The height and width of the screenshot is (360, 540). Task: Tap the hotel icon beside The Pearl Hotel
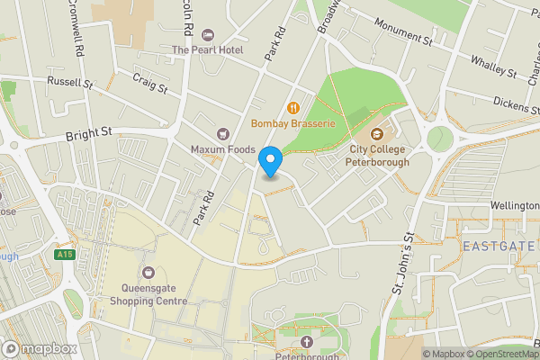(209, 35)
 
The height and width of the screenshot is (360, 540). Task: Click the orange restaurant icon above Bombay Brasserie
(292, 106)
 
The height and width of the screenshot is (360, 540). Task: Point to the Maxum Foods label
(223, 148)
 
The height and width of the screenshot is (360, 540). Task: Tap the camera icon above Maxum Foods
(223, 133)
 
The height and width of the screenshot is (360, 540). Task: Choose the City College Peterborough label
(378, 156)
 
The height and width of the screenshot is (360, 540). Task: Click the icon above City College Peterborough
(378, 134)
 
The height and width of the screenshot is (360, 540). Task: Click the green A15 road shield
(63, 256)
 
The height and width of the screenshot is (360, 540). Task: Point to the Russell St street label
(70, 83)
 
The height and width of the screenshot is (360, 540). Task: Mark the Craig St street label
(150, 84)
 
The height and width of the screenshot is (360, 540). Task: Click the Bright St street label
(88, 135)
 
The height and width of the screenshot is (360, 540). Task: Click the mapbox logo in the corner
(40, 348)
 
